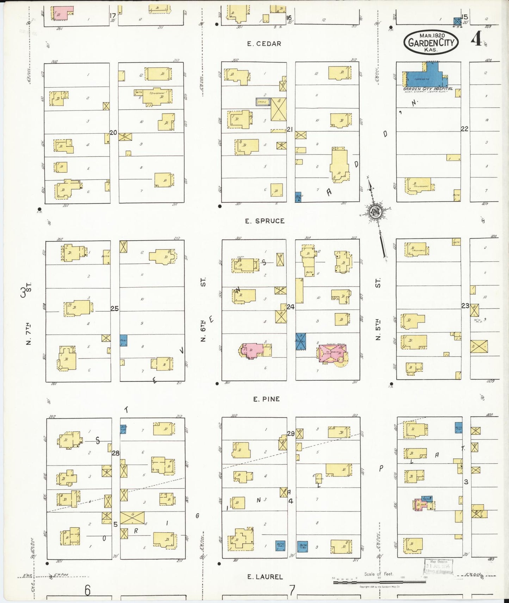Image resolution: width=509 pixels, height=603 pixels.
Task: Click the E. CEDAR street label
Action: point(264,44)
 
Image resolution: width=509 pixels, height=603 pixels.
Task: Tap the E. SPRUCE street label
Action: point(265,221)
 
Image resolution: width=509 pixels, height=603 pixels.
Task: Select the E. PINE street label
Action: point(266,399)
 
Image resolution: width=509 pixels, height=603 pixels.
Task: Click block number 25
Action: point(114,309)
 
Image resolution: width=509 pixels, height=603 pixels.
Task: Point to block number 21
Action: point(290,129)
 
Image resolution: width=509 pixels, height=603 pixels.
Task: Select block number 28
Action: point(116,453)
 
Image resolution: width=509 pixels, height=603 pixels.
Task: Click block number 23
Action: point(465,306)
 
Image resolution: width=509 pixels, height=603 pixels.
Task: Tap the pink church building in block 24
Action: point(332,354)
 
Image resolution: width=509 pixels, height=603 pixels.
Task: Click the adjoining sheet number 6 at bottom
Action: point(87,590)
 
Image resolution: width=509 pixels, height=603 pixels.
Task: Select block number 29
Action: point(291,434)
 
